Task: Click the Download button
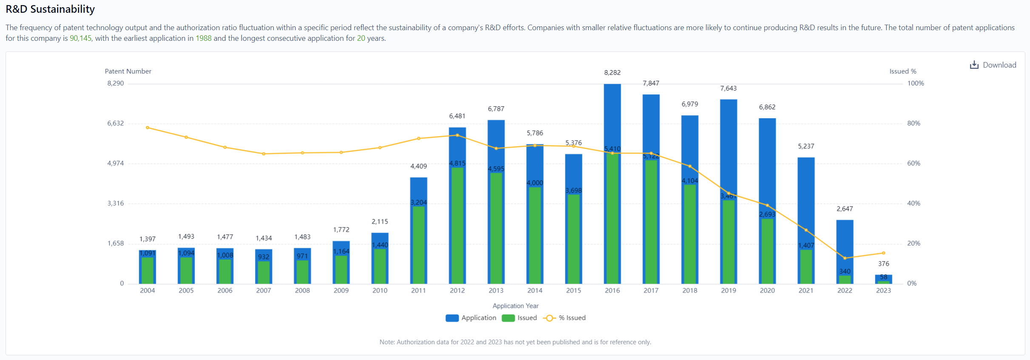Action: (993, 65)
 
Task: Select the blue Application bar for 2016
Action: (612, 115)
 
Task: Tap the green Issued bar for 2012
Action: (457, 225)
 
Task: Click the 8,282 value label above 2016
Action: (612, 73)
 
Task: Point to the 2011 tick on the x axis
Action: (418, 290)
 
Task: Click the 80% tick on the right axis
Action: (914, 123)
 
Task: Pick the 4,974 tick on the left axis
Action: (115, 163)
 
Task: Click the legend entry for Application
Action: (471, 318)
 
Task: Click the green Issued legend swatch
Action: (508, 318)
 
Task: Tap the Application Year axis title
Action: (515, 306)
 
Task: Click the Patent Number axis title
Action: (128, 71)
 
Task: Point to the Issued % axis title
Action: (903, 71)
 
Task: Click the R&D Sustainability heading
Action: (50, 9)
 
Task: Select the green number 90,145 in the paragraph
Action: (80, 38)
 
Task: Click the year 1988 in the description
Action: (203, 38)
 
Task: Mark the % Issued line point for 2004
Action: (148, 128)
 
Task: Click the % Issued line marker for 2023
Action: (883, 253)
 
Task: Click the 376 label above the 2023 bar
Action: (883, 264)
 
